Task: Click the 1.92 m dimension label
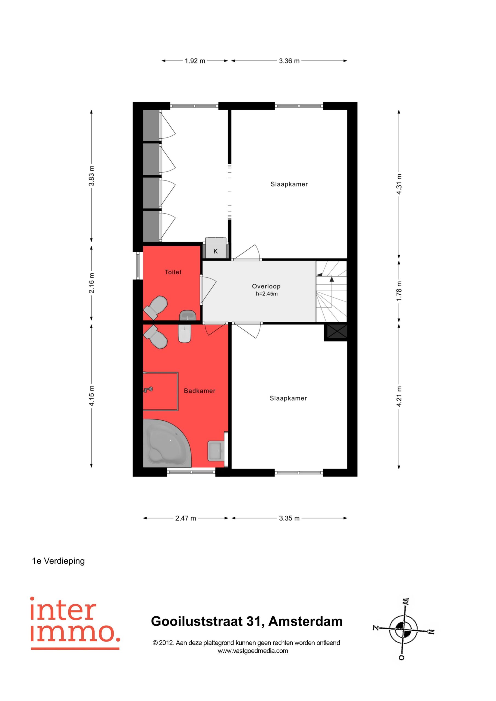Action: (195, 61)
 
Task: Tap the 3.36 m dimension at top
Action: (289, 61)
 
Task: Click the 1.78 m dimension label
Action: (399, 291)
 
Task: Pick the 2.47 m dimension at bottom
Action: (186, 518)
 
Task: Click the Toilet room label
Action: (173, 272)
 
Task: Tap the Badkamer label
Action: (199, 391)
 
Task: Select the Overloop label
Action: (266, 286)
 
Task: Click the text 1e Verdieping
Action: (58, 561)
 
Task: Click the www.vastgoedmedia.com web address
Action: (253, 651)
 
